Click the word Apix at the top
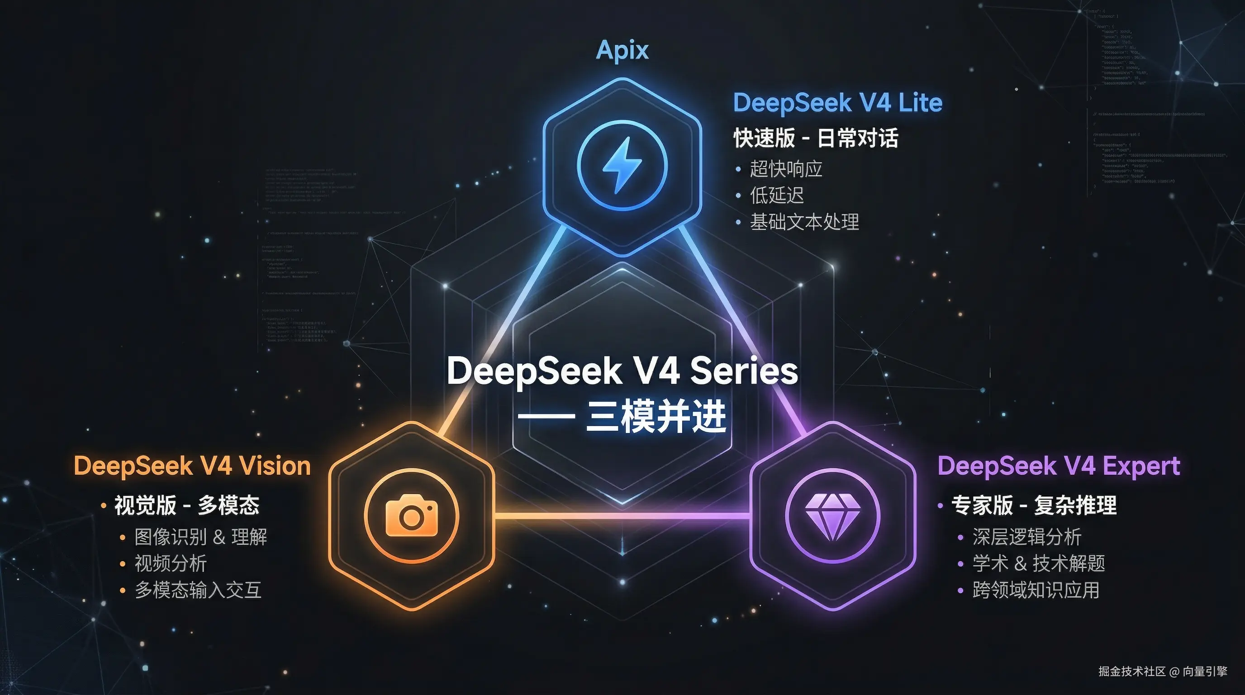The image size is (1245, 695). [622, 50]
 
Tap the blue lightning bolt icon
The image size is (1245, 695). [622, 165]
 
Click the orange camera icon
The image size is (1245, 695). [412, 516]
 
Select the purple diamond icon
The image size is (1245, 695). [833, 516]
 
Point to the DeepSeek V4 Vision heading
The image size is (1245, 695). [192, 466]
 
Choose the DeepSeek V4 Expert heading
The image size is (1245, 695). [1059, 466]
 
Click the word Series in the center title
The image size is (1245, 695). [744, 371]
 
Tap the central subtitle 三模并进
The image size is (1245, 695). [656, 417]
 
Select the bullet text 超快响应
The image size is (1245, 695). [786, 169]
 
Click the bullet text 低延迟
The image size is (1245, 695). [777, 196]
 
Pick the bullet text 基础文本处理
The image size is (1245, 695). [804, 222]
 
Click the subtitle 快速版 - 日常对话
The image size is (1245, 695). [816, 138]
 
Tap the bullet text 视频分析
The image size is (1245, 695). [171, 563]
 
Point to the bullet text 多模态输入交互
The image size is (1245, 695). [198, 590]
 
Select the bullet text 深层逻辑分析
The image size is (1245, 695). [1026, 537]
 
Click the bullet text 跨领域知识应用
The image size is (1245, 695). [1036, 590]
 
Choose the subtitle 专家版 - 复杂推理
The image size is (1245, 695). [1034, 505]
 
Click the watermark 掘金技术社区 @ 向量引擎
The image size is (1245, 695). [1162, 671]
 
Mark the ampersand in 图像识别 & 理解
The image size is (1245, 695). [219, 537]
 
